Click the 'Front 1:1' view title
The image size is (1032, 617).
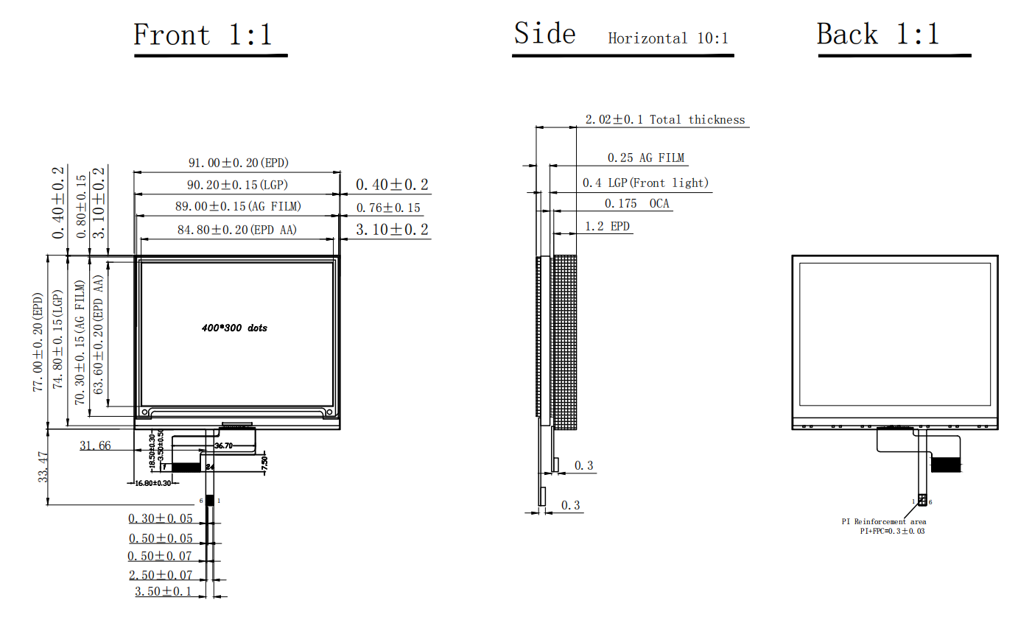pyautogui.click(x=203, y=35)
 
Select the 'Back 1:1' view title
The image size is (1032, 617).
pyautogui.click(x=878, y=35)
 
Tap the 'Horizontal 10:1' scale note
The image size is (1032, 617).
pyautogui.click(x=668, y=38)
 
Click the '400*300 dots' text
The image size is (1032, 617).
pyautogui.click(x=234, y=328)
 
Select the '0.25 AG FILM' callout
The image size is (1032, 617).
pyautogui.click(x=645, y=158)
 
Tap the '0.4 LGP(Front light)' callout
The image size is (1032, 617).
pyautogui.click(x=645, y=183)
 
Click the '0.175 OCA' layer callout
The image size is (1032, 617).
pyautogui.click(x=637, y=203)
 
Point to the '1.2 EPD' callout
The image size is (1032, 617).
pyautogui.click(x=608, y=226)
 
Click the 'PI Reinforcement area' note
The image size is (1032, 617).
pyautogui.click(x=884, y=521)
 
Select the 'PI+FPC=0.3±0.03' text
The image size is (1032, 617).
pyautogui.click(x=891, y=531)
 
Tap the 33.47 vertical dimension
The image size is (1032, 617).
pyautogui.click(x=44, y=467)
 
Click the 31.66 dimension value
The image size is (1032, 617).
pyautogui.click(x=95, y=445)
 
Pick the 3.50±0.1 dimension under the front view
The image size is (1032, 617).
pyautogui.click(x=163, y=591)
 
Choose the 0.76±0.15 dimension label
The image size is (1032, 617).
pyautogui.click(x=388, y=208)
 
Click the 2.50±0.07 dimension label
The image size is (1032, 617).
pyautogui.click(x=160, y=574)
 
